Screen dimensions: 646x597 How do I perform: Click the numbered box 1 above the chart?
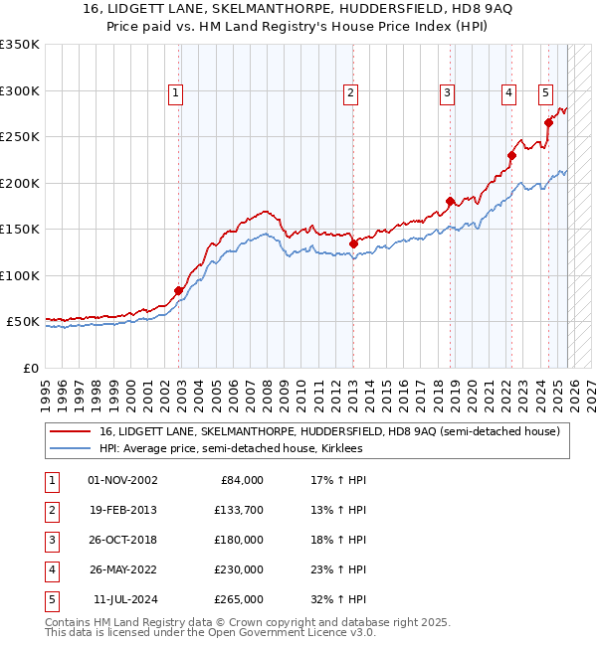[x=175, y=93]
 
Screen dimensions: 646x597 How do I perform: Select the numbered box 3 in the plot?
[x=448, y=93]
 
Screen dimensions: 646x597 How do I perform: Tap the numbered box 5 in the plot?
[x=546, y=93]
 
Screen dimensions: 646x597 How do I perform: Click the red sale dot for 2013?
[x=353, y=242]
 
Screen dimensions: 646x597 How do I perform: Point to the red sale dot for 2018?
[x=450, y=201]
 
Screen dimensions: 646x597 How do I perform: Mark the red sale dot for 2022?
[x=511, y=155]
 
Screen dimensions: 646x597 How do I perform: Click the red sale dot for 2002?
[x=179, y=290]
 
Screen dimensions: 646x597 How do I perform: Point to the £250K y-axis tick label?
[x=20, y=137]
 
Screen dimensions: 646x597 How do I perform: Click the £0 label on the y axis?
[x=30, y=369]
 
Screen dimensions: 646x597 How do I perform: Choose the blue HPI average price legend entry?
[x=230, y=448]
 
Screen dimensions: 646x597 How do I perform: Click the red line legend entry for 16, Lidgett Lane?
[x=329, y=431]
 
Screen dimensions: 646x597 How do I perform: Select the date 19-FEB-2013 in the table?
[x=122, y=510]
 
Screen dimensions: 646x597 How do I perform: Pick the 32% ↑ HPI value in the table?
[x=331, y=599]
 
